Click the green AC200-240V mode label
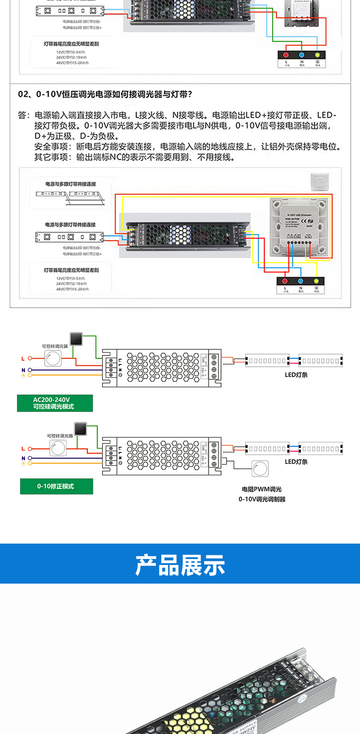[55, 403]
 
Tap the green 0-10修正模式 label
[56, 486]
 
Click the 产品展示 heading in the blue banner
[180, 565]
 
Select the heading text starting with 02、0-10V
[105, 94]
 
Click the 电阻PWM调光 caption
[262, 489]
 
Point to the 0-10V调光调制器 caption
[262, 499]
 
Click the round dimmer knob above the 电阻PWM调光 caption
[260, 468]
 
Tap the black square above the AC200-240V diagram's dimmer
[76, 339]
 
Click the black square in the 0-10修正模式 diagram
[81, 429]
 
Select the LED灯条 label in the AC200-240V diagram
[296, 375]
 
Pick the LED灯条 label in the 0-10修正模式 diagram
[296, 462]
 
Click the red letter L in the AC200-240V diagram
[23, 359]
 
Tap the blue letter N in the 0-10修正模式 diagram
[23, 458]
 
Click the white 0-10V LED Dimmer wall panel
[299, 226]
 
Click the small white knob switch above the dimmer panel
[319, 181]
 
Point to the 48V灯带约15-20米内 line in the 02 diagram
[72, 289]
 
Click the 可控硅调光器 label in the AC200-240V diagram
[55, 347]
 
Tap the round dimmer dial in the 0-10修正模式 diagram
[58, 448]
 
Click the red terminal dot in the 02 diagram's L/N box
[285, 281]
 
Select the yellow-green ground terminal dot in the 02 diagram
[316, 281]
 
